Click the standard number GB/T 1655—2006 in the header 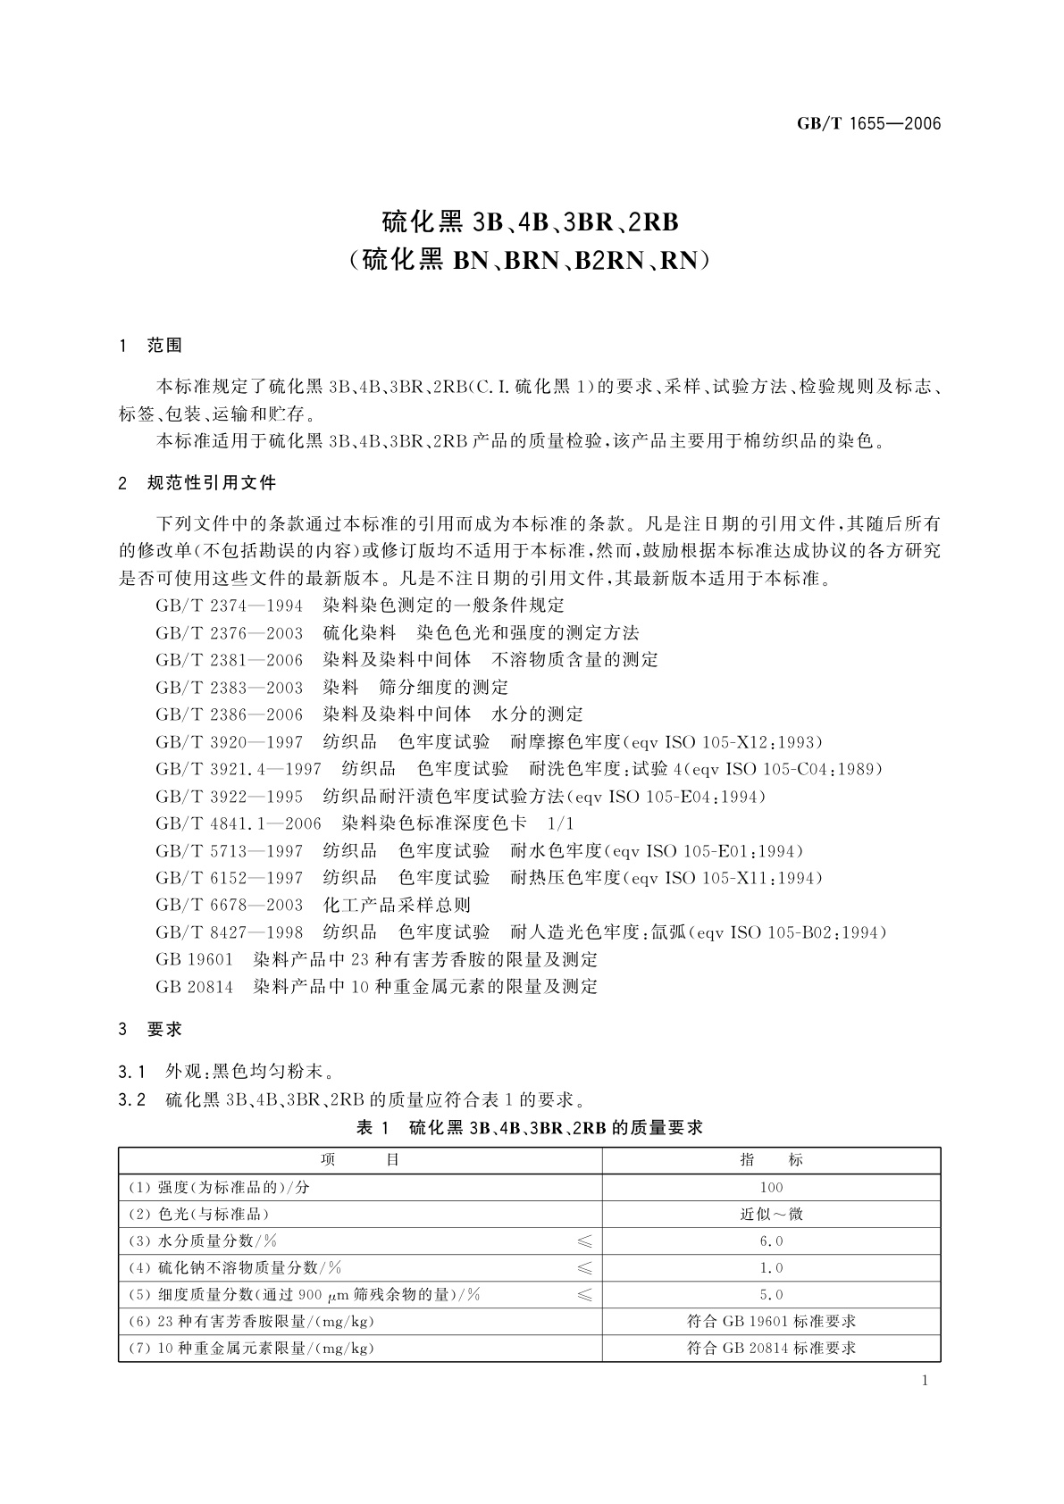(x=868, y=124)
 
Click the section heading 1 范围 (x=151, y=346)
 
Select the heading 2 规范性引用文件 (x=198, y=483)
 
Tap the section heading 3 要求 (x=151, y=1029)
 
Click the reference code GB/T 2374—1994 (x=229, y=606)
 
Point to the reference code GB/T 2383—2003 (x=229, y=687)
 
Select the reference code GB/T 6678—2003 (x=229, y=905)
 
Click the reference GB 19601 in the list (x=194, y=960)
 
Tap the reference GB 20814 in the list (x=194, y=987)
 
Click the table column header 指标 (x=771, y=1160)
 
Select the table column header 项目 (x=359, y=1160)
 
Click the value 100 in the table (x=771, y=1187)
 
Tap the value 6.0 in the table (x=771, y=1241)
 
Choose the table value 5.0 (x=771, y=1294)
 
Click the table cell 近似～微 (x=771, y=1214)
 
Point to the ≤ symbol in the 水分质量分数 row (x=584, y=1241)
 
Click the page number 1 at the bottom (x=925, y=1381)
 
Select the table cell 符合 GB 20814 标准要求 (x=771, y=1348)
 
